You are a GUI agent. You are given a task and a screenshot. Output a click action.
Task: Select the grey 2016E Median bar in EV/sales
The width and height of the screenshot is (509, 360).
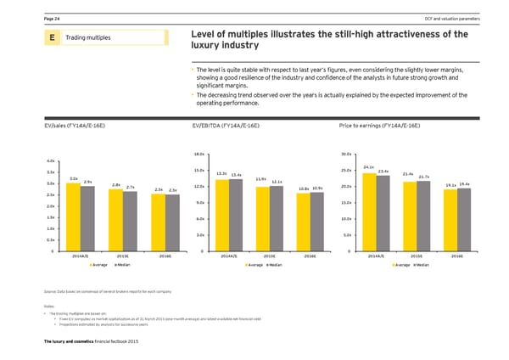click(x=172, y=223)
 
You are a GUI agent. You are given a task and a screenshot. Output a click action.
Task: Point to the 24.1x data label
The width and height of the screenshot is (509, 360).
click(x=368, y=167)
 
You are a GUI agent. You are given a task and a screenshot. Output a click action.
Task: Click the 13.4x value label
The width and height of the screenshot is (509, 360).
click(x=237, y=176)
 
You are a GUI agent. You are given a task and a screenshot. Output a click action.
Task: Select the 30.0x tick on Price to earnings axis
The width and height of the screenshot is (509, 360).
click(x=345, y=154)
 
